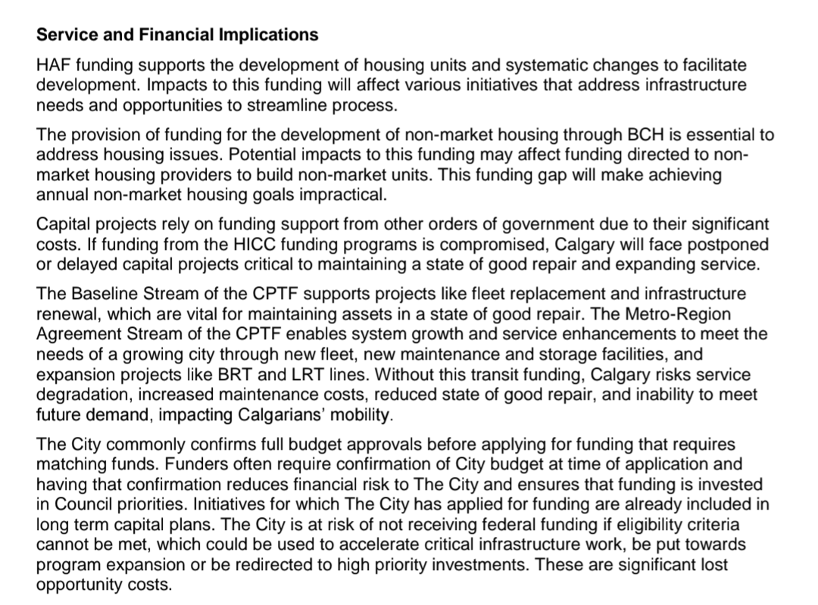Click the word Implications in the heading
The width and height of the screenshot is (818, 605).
pos(269,35)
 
